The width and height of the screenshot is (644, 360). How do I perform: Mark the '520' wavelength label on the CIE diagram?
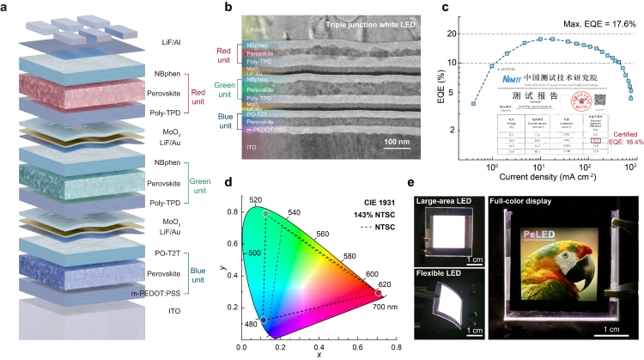click(x=255, y=199)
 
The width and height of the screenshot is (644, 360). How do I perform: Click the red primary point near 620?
click(x=377, y=294)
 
